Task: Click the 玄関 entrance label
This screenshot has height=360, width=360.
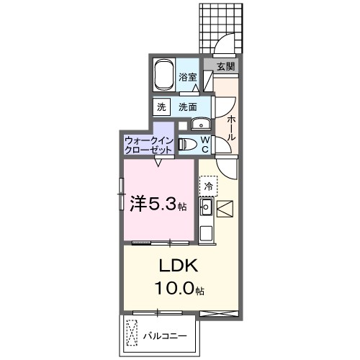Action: tap(225, 66)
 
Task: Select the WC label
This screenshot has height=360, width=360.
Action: tap(204, 144)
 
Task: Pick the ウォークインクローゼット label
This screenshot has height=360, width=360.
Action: tap(149, 145)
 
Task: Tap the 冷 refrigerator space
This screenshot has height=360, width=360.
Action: tap(209, 186)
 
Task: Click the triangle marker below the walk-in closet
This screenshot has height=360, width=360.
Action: tap(158, 161)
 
